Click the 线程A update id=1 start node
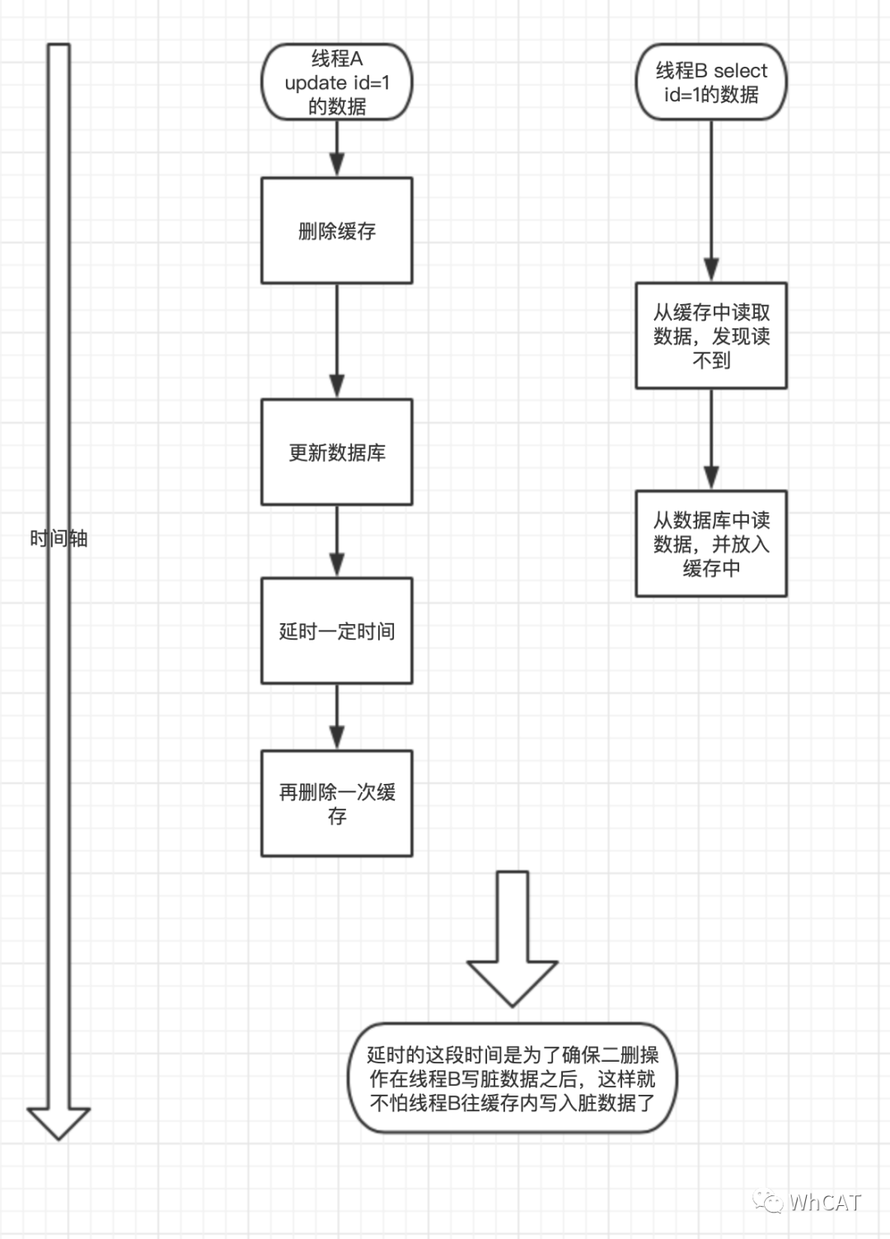[336, 82]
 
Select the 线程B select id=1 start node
[710, 82]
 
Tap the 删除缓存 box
[336, 231]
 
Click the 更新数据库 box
[336, 452]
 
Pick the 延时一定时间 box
[336, 631]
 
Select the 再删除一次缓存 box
[336, 803]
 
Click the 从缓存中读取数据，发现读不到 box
[710, 336]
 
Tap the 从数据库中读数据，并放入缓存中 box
[710, 543]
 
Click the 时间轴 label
[59, 539]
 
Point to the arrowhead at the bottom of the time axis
[59, 1122]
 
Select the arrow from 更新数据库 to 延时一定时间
[336, 541]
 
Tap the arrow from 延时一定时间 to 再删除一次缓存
[336, 716]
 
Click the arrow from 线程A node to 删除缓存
[336, 148]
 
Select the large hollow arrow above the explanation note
[512, 940]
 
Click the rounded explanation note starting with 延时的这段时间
[512, 1078]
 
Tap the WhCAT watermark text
[824, 1202]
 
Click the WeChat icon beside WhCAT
[769, 1202]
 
